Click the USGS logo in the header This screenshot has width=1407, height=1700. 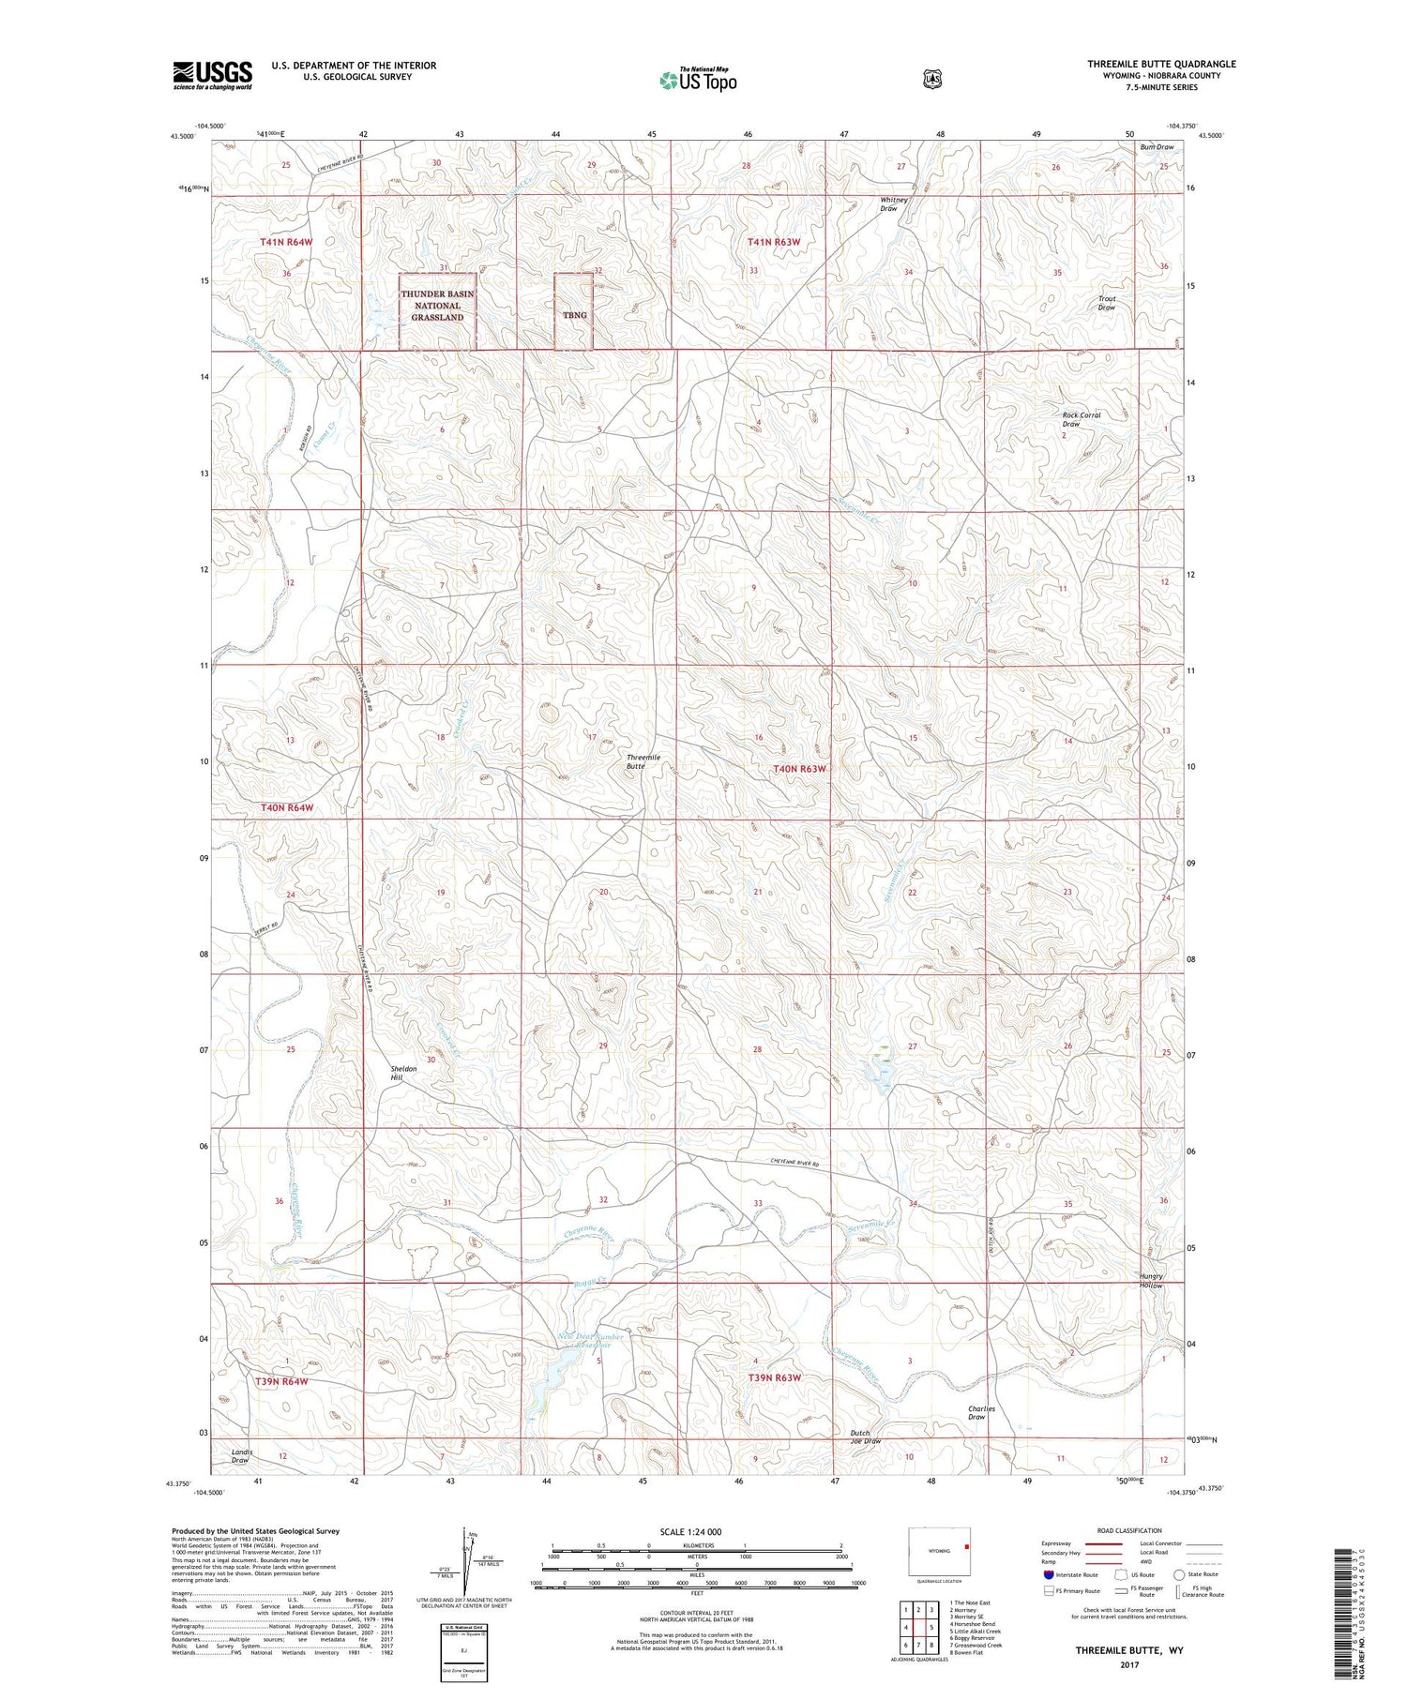212,75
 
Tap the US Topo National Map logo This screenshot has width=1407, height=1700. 698,80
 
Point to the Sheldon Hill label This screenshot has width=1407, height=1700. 403,1073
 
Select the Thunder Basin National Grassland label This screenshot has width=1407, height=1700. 438,306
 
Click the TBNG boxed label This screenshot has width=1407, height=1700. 574,315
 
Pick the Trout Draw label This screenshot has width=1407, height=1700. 1107,303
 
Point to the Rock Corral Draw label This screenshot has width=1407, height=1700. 1081,419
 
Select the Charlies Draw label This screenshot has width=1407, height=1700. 981,1412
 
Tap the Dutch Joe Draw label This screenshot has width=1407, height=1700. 865,1437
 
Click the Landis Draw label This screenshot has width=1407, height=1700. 242,1455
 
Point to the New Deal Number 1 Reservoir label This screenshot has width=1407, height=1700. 591,1341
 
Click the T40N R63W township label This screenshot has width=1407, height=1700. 799,769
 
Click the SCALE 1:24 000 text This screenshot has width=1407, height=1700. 690,1532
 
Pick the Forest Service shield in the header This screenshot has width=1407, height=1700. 931,80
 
